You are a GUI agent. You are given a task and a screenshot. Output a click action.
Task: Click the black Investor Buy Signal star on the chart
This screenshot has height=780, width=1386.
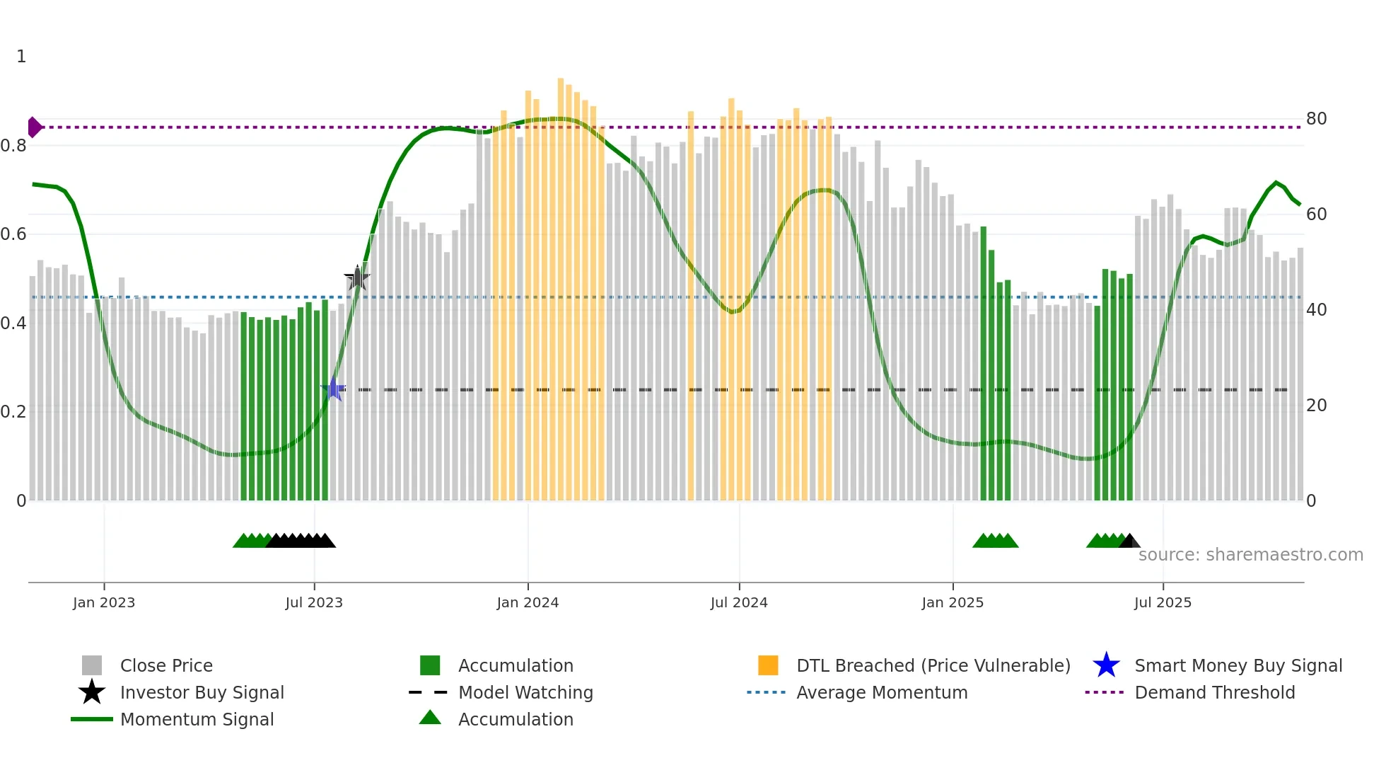pos(357,278)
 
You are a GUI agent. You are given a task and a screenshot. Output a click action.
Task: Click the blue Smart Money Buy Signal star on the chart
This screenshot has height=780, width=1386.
pos(333,389)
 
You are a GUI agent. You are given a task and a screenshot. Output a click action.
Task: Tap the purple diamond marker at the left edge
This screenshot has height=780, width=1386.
pos(34,127)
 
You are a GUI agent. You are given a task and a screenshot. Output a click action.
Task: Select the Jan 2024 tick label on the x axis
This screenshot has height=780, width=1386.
pos(528,602)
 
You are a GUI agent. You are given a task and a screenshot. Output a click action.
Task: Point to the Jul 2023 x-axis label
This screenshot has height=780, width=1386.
pos(314,602)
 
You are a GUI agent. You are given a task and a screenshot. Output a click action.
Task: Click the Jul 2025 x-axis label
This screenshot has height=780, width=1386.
pos(1163,602)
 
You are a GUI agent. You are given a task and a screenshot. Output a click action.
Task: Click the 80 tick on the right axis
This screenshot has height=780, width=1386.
pos(1316,119)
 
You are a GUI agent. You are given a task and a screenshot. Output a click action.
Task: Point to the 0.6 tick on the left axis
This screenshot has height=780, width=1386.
pos(13,234)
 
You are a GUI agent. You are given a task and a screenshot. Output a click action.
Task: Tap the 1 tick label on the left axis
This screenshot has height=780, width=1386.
pos(21,57)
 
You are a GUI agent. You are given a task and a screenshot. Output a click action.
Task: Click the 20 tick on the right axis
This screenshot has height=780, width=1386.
pos(1316,406)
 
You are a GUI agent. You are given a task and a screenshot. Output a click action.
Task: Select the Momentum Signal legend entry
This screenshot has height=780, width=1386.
pos(197,719)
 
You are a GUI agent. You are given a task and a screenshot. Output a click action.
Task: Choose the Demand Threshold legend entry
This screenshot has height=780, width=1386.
pos(1214,692)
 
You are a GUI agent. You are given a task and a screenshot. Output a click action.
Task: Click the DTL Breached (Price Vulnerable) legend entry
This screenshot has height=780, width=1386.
pos(933,665)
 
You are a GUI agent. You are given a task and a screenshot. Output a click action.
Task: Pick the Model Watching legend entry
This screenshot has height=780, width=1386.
pos(525,692)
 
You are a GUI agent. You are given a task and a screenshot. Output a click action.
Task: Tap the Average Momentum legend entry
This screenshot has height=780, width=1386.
pos(881,692)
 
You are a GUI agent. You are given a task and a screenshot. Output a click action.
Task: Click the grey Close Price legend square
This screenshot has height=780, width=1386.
pos(92,665)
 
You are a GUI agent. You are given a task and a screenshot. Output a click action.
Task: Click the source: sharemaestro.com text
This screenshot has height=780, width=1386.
pos(1250,555)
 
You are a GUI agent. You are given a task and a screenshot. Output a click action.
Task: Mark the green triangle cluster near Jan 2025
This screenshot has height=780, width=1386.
pos(995,541)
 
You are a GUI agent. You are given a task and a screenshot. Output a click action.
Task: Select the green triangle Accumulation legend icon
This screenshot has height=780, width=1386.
pos(430,718)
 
